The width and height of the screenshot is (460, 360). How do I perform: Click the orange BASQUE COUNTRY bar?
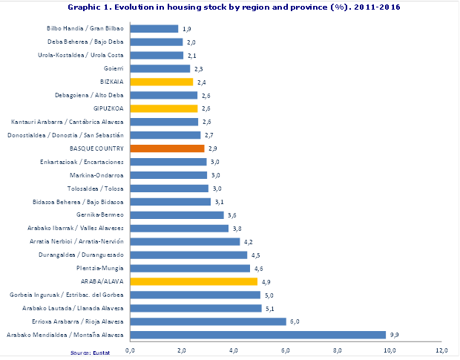pyautogui.click(x=167, y=148)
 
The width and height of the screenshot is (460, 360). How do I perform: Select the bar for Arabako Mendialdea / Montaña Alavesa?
pyautogui.click(x=257, y=335)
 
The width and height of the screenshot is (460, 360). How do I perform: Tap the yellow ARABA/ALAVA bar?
pyautogui.click(x=194, y=281)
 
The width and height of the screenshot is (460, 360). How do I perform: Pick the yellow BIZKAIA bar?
pyautogui.click(x=161, y=82)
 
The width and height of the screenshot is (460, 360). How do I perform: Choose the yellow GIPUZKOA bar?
pyautogui.click(x=163, y=108)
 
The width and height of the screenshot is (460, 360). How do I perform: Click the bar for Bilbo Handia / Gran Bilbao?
pyautogui.click(x=154, y=28)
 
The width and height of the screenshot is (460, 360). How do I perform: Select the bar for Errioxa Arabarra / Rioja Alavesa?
pyautogui.click(x=208, y=321)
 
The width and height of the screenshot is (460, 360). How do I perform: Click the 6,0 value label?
pyautogui.click(x=294, y=321)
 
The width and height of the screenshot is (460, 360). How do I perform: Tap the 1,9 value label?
pyautogui.click(x=186, y=28)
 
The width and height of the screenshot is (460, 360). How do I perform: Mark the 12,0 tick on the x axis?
pyautogui.click(x=442, y=349)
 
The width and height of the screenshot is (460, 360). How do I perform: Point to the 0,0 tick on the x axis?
pyautogui.click(x=131, y=349)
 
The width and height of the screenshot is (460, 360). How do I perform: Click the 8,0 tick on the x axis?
pyautogui.click(x=338, y=349)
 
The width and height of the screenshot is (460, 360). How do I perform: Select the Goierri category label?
pyautogui.click(x=112, y=68)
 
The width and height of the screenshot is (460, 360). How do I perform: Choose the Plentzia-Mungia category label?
pyautogui.click(x=100, y=268)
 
